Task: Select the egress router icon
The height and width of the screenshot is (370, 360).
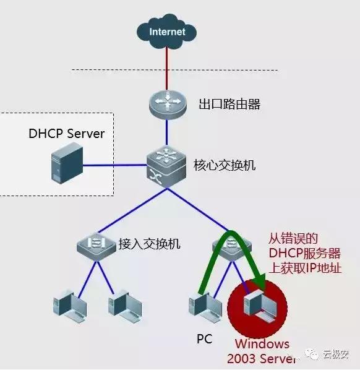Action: point(167,103)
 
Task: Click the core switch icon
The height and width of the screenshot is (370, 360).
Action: point(167,165)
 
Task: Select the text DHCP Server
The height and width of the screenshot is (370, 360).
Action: point(67,134)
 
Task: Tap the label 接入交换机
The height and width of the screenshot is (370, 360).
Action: point(149,244)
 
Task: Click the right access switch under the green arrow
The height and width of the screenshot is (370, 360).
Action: point(231,246)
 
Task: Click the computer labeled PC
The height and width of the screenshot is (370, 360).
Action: point(204,306)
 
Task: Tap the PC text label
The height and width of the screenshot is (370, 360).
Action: point(204,339)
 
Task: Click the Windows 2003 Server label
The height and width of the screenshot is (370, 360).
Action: point(258,350)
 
